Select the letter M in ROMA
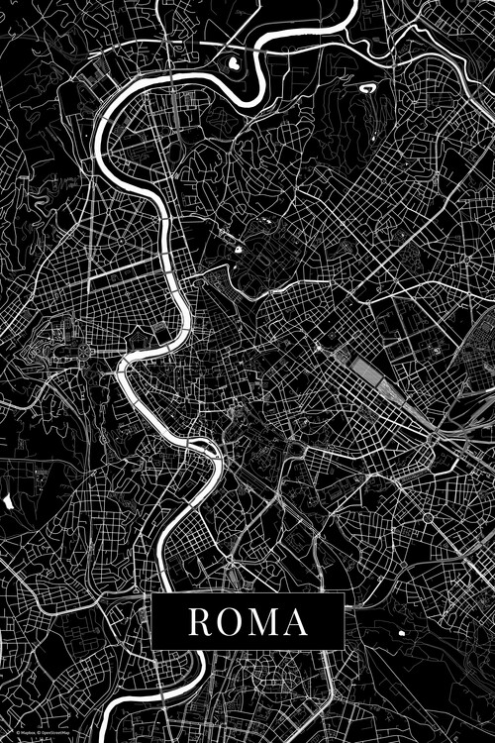[x=264, y=622]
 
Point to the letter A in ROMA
[x=296, y=622]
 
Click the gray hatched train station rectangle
[x=371, y=377]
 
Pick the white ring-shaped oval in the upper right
[x=367, y=88]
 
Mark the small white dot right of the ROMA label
[x=402, y=631]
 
